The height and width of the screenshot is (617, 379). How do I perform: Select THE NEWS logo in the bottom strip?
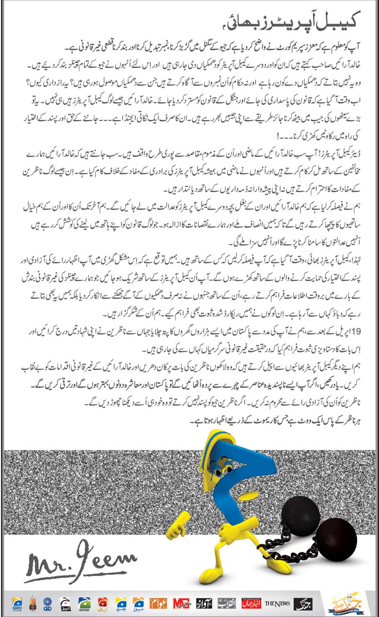click(277, 604)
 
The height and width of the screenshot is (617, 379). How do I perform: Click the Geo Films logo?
click(18, 604)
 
